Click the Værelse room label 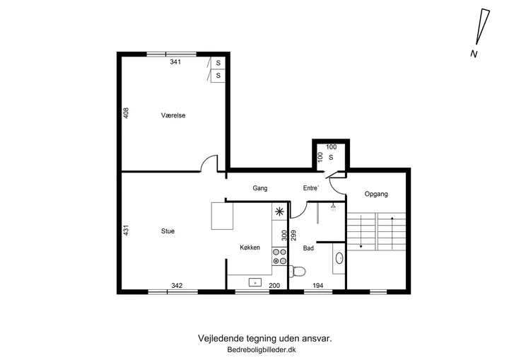[173, 115]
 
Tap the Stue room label [168, 231]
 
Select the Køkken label [250, 248]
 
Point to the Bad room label [308, 248]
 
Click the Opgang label [376, 194]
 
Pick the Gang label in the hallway [260, 188]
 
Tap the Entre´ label [311, 188]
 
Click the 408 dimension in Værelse [127, 113]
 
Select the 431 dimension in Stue [127, 230]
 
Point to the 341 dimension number [175, 62]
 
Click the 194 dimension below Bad [318, 286]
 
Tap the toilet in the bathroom [298, 271]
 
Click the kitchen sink [255, 282]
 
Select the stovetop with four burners [279, 256]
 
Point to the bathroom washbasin [339, 258]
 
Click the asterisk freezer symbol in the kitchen [279, 212]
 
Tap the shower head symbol [334, 207]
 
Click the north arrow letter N [474, 54]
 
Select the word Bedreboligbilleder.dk [262, 350]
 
